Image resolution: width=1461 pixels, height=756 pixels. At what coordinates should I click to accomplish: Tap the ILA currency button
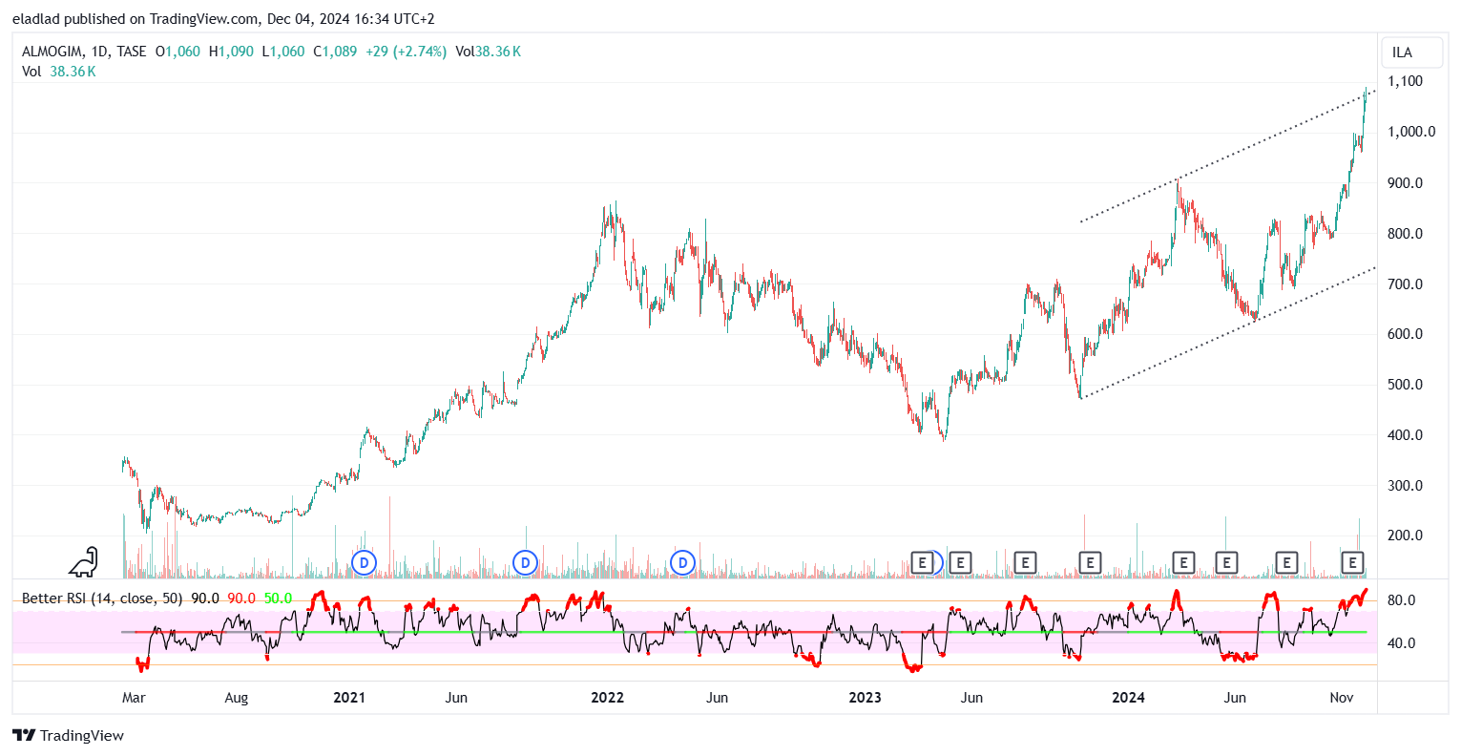[x=1402, y=52]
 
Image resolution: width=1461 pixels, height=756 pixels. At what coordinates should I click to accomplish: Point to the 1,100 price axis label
[x=1406, y=81]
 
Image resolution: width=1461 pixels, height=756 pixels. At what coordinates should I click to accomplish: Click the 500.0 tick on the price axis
[x=1406, y=385]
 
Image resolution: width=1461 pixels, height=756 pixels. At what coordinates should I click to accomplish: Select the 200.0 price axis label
[x=1406, y=535]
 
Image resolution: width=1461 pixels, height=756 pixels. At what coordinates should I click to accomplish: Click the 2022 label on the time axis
[x=607, y=698]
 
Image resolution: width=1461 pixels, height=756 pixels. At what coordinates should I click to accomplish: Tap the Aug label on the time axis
[x=236, y=698]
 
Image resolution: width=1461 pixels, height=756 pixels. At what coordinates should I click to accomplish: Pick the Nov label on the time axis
[x=1342, y=698]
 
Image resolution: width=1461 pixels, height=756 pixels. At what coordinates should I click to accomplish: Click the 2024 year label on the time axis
[x=1128, y=698]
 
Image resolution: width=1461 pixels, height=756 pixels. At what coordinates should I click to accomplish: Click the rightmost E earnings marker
[x=1352, y=563]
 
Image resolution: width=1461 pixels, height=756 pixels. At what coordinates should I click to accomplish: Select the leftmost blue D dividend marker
[x=364, y=563]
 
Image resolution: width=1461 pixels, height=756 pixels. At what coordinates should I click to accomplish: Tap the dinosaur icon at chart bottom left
[x=84, y=562]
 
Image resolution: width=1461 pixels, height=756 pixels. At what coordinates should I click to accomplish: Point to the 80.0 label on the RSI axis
[x=1401, y=600]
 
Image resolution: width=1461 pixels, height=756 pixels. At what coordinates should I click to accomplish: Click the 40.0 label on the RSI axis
[x=1401, y=643]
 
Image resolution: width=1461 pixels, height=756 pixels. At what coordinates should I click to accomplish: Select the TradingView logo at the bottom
[x=69, y=735]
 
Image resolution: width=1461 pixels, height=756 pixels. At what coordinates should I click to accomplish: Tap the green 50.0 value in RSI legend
[x=278, y=598]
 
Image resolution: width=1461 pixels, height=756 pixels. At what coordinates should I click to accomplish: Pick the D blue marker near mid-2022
[x=682, y=563]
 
